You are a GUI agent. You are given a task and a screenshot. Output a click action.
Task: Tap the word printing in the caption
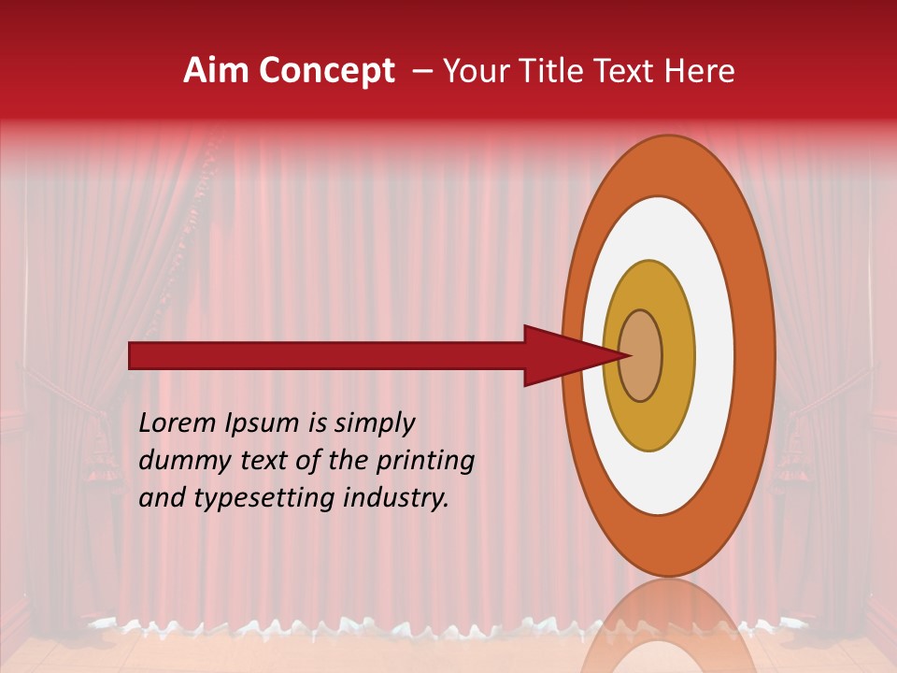coord(424,461)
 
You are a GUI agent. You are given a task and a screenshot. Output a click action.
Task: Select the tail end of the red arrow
coord(136,355)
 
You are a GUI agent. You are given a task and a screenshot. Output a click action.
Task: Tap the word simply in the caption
coord(375,422)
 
